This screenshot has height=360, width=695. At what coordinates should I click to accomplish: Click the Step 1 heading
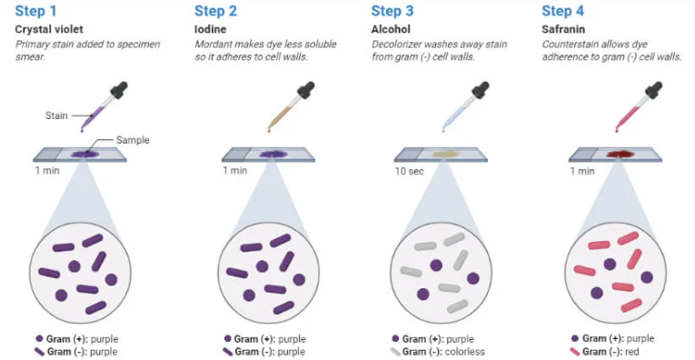[x=36, y=11]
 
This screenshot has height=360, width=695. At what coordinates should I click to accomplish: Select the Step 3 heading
[x=392, y=11]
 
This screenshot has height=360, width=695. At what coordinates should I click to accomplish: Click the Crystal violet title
[x=49, y=30]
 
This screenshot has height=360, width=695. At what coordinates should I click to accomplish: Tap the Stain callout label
[x=56, y=116]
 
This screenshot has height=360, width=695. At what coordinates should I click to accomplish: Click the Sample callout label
[x=133, y=141]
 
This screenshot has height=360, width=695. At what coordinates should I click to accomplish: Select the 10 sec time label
[x=409, y=171]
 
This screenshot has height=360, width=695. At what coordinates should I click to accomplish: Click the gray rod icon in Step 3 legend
[x=396, y=352]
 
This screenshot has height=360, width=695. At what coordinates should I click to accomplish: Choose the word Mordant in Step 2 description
[x=211, y=45]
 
